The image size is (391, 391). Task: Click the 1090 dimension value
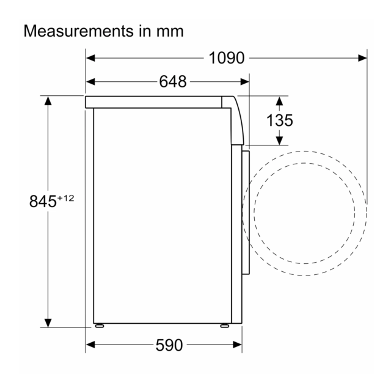click(x=227, y=58)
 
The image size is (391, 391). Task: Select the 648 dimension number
click(x=173, y=81)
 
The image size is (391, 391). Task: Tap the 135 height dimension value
click(x=280, y=120)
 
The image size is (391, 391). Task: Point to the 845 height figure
click(x=43, y=201)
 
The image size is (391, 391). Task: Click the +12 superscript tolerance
click(x=66, y=198)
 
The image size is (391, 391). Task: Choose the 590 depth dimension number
click(x=169, y=345)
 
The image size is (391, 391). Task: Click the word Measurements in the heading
click(x=79, y=31)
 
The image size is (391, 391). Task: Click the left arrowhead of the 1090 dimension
click(x=90, y=58)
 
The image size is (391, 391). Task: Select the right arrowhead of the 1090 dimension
click(x=362, y=58)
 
